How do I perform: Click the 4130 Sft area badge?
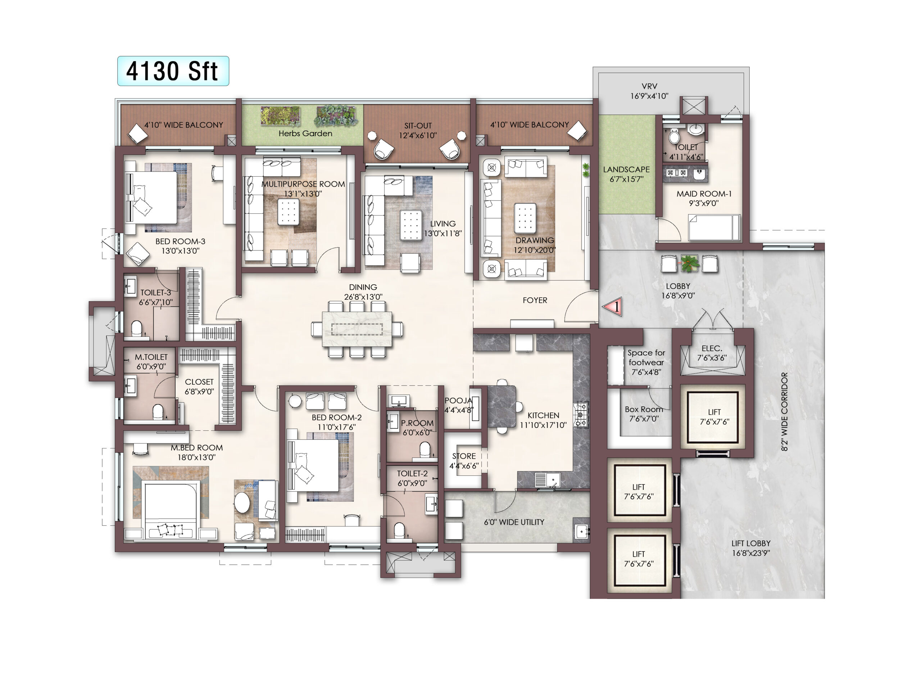pos(173,71)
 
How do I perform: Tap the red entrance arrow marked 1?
pos(613,307)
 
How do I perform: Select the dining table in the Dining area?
pos(357,329)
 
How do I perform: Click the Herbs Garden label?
pos(305,133)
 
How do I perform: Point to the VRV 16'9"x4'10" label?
pos(649,91)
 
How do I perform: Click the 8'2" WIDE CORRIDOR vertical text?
pos(784,411)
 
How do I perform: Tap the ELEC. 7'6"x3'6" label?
pos(712,353)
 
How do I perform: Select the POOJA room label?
pos(459,401)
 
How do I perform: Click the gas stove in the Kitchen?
pos(581,415)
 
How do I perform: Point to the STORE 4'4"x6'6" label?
pos(464,461)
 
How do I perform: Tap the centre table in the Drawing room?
pos(525,217)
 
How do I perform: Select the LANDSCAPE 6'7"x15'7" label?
pos(626,174)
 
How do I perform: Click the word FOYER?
pos(535,300)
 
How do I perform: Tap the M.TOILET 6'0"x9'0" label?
pos(151,362)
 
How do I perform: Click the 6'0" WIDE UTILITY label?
pos(514,522)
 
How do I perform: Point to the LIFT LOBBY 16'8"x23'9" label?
pos(751,548)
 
